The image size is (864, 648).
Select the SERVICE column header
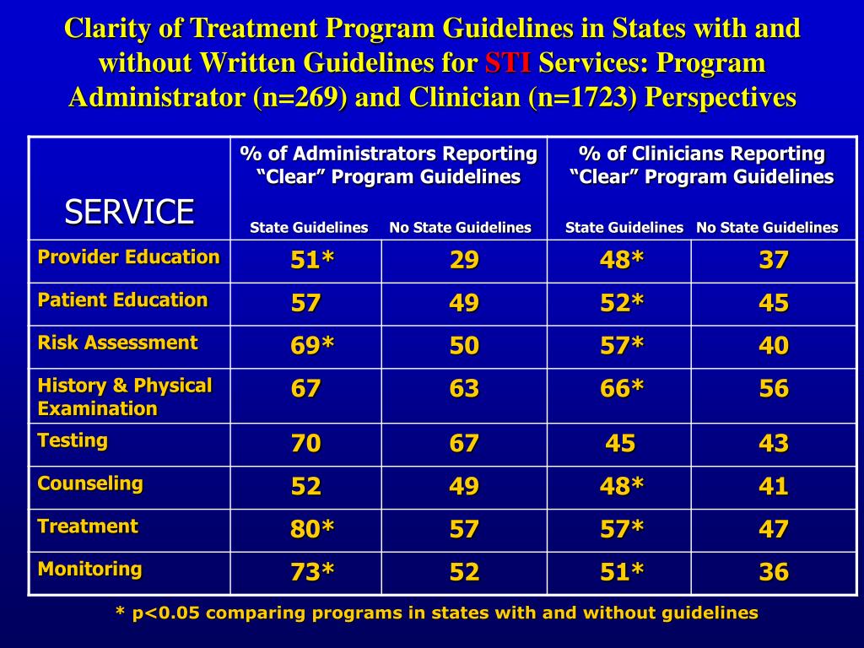pyautogui.click(x=129, y=211)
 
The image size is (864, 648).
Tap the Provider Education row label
pyautogui.click(x=128, y=256)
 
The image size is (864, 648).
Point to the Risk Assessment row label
pyautogui.click(x=117, y=342)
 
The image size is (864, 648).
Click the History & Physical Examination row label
pyautogui.click(x=124, y=397)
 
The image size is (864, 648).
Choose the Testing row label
pyautogui.click(x=73, y=440)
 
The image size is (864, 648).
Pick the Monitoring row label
pyautogui.click(x=89, y=568)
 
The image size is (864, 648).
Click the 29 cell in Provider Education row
pyautogui.click(x=464, y=261)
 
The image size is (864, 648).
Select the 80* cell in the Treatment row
pyautogui.click(x=312, y=529)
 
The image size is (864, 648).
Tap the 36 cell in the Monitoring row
pyautogui.click(x=773, y=572)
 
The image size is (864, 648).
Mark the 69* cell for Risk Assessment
pyautogui.click(x=312, y=346)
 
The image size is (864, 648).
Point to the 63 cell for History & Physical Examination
pyautogui.click(x=464, y=389)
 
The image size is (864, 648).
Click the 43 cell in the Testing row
pyautogui.click(x=773, y=443)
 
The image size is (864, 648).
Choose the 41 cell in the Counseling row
pyautogui.click(x=773, y=486)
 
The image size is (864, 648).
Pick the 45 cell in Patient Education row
pyautogui.click(x=773, y=303)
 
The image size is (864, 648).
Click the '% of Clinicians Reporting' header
pyautogui.click(x=701, y=154)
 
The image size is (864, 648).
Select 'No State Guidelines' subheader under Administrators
pyautogui.click(x=460, y=227)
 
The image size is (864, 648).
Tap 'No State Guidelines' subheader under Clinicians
pyautogui.click(x=767, y=227)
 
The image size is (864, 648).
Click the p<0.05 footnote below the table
pyautogui.click(x=436, y=613)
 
